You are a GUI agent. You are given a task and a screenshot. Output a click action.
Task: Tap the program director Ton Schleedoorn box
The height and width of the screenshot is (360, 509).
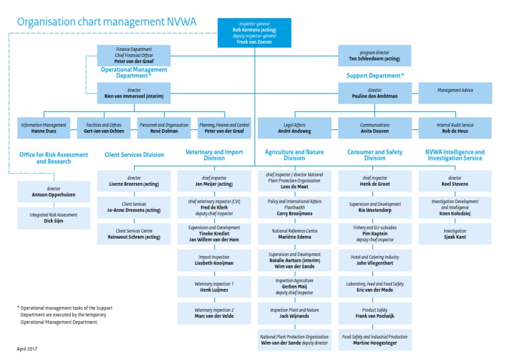coord(374,55)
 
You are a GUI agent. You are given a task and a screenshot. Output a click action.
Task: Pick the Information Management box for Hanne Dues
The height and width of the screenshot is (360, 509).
coord(44,128)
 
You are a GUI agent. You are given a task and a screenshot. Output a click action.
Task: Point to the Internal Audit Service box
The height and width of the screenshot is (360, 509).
coord(455,128)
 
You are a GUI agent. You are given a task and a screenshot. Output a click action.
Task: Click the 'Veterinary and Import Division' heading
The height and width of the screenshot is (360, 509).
coord(214,155)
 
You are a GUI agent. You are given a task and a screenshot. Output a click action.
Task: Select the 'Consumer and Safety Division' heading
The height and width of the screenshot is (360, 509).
coord(374,155)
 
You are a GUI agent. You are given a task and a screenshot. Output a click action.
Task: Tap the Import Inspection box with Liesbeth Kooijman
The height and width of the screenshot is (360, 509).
coord(214,259)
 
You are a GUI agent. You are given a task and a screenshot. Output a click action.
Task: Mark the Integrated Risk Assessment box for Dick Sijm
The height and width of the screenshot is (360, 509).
coord(54,218)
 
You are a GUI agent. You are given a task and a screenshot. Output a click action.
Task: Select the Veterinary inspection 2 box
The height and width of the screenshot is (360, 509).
coord(214,314)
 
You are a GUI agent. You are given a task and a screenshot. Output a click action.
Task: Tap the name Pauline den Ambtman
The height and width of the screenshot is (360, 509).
coord(374,97)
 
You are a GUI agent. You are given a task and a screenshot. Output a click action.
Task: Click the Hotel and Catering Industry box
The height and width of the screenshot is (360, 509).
coord(374,259)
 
